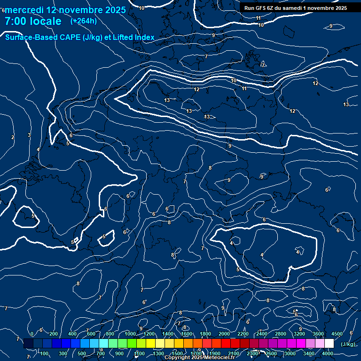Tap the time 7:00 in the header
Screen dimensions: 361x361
click(18, 21)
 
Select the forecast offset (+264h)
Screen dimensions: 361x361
click(83, 21)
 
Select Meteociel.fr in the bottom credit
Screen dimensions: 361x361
click(221, 358)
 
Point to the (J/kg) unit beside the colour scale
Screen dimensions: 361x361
click(348, 344)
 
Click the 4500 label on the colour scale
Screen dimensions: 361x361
click(337, 334)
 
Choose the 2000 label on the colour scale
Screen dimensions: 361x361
click(224, 334)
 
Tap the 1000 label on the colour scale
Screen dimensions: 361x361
click(130, 334)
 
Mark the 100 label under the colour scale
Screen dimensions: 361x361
click(45, 353)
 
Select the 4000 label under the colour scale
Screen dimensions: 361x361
click(328, 353)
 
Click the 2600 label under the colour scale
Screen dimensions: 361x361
click(271, 353)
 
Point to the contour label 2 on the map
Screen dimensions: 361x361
click(13, 137)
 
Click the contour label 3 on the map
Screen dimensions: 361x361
click(29, 135)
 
